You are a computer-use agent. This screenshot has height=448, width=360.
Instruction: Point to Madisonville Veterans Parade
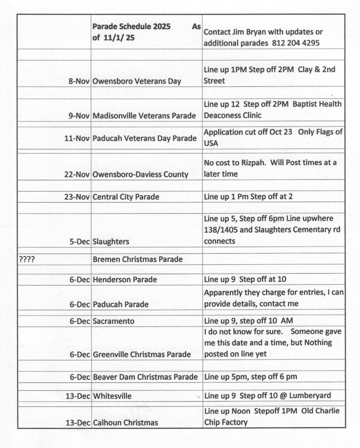(144, 116)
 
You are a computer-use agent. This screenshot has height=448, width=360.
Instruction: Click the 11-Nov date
(77, 139)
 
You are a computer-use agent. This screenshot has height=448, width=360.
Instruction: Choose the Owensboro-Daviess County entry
(140, 174)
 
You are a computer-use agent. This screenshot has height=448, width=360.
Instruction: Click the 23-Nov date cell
(77, 197)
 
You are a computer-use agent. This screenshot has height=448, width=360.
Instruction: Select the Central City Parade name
(126, 197)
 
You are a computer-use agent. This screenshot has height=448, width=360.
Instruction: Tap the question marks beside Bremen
(27, 259)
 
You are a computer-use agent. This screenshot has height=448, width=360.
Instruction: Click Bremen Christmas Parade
(138, 259)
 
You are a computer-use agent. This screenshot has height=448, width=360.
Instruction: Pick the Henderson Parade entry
(125, 279)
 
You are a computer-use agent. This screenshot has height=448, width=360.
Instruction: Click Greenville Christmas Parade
(142, 354)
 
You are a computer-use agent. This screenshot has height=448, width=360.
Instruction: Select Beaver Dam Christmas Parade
(145, 377)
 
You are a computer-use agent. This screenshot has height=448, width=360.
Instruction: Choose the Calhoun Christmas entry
(126, 423)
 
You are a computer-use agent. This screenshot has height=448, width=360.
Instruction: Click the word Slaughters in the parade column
(111, 241)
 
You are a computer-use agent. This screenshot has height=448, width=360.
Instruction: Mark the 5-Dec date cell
(80, 241)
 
